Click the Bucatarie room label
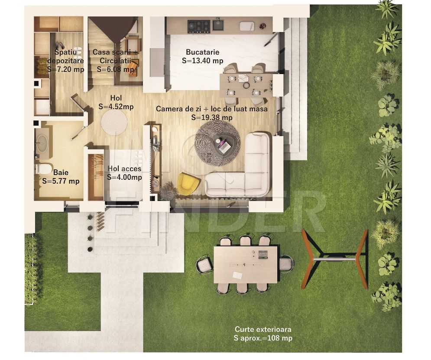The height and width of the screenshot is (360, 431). tap(203, 52)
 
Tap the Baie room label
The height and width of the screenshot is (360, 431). tap(61, 172)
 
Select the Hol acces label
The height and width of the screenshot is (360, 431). tap(124, 169)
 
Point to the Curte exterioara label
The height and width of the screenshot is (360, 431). tap(263, 329)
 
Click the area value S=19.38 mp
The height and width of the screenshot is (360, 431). tap(212, 118)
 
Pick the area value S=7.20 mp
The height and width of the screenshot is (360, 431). tap(66, 69)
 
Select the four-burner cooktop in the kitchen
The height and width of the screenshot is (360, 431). tap(199, 27)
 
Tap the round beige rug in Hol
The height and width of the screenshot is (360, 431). tap(114, 123)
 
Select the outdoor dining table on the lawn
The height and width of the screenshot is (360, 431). tap(246, 264)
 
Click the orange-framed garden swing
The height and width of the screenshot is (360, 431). tap(334, 259)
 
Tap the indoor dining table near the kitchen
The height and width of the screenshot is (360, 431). tap(246, 85)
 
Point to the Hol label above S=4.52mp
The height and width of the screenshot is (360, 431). tap(116, 98)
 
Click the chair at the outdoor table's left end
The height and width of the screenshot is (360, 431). tap(204, 264)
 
